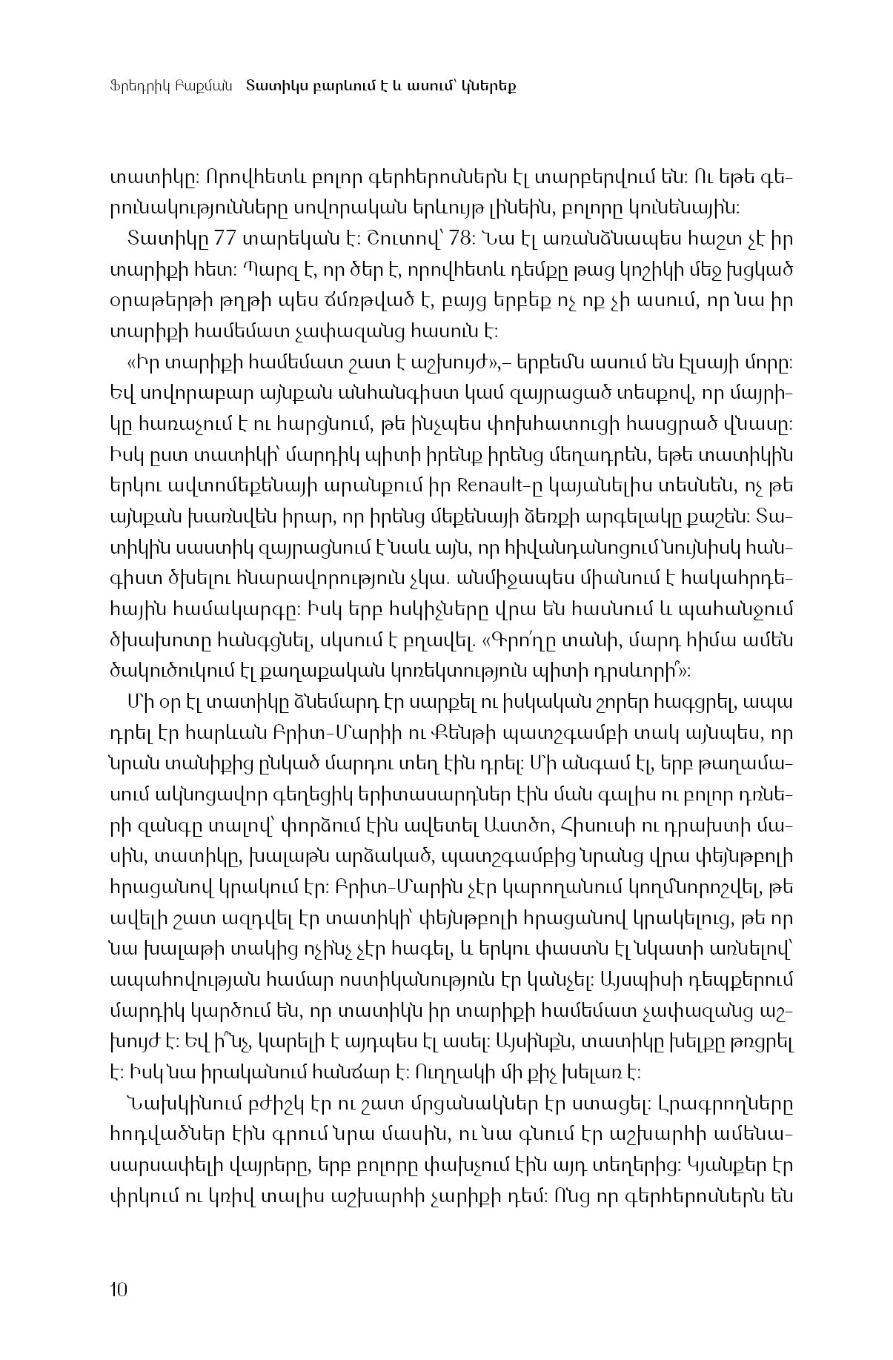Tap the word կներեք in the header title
488,85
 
